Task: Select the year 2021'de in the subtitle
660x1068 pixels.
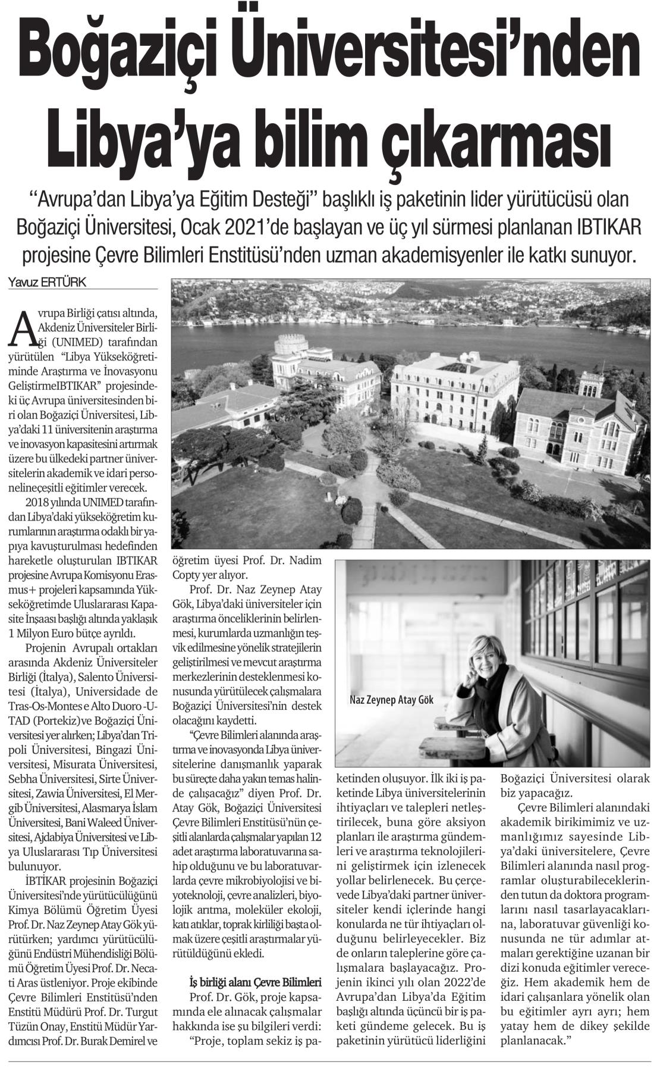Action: point(283,229)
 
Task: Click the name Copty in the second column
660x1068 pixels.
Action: point(186,575)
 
